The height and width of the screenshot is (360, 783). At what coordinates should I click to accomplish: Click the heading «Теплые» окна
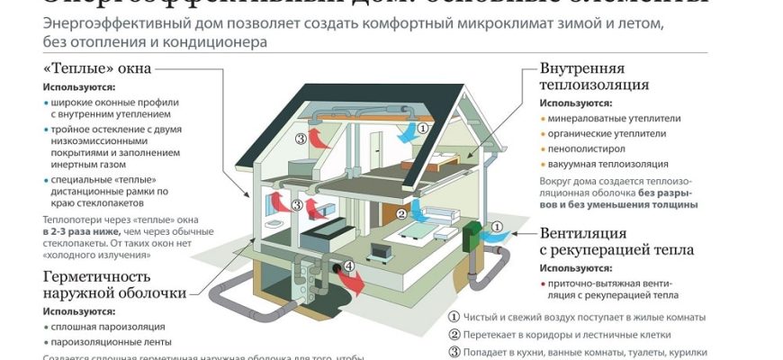pos(96,68)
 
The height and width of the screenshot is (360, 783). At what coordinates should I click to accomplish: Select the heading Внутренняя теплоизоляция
pos(594,77)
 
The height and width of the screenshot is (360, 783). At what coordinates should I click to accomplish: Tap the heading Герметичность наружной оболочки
pos(114,284)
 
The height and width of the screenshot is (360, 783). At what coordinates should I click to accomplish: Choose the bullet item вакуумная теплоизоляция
pos(607,164)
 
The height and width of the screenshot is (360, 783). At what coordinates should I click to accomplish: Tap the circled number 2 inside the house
pos(400,214)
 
